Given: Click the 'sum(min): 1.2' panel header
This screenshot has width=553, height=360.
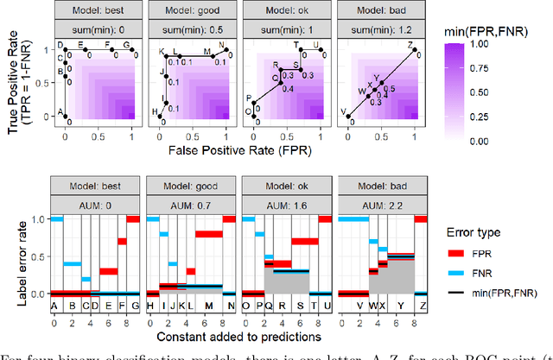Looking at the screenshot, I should click(x=380, y=26).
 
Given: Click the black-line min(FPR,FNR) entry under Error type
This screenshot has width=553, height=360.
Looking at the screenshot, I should click(x=455, y=294).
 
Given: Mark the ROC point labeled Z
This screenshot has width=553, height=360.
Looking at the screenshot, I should click(x=415, y=52).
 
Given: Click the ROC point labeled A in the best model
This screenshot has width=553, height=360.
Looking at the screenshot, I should click(x=67, y=115).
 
